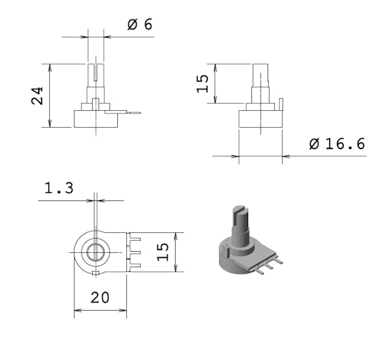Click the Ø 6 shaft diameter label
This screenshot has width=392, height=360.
[x=139, y=25]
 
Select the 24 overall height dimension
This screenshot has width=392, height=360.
[x=38, y=95]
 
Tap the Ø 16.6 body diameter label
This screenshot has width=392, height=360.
[x=337, y=144]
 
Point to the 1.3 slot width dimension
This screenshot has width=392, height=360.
[x=58, y=189]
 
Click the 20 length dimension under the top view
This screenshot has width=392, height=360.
[x=99, y=297]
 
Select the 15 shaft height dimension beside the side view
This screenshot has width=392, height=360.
[x=203, y=83]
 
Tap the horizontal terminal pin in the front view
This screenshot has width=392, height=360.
[x=129, y=113]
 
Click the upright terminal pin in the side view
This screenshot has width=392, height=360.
[x=282, y=104]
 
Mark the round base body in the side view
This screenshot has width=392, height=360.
[x=260, y=119]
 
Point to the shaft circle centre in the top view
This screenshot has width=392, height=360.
[x=95, y=252]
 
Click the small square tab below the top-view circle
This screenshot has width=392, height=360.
[x=95, y=273]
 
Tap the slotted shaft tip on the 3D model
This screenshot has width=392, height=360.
[x=239, y=210]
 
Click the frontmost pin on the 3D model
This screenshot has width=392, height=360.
[x=259, y=271]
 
